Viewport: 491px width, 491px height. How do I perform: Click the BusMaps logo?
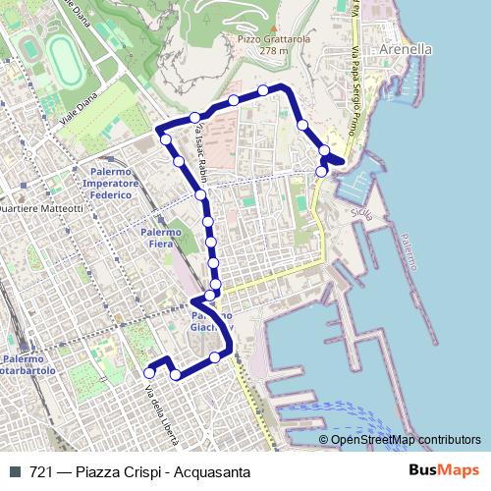coord(445,470)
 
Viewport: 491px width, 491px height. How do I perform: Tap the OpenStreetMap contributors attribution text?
coord(406,440)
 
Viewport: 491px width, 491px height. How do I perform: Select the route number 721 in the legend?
coord(41,471)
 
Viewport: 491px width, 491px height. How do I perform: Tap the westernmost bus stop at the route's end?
coord(149,372)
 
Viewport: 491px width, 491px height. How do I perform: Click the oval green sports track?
coord(65,61)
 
